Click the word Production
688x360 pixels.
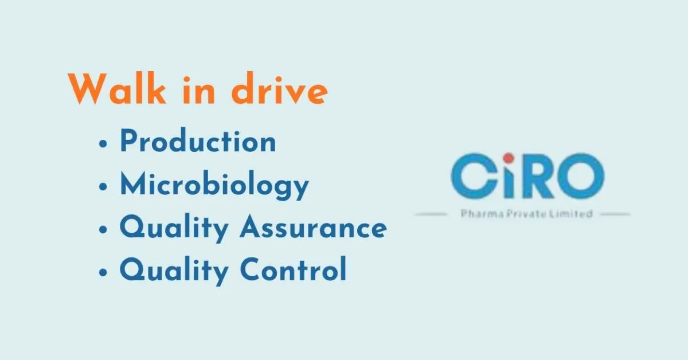pos(198,142)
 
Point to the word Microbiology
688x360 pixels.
pos(214,185)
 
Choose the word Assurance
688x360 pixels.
pos(313,227)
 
